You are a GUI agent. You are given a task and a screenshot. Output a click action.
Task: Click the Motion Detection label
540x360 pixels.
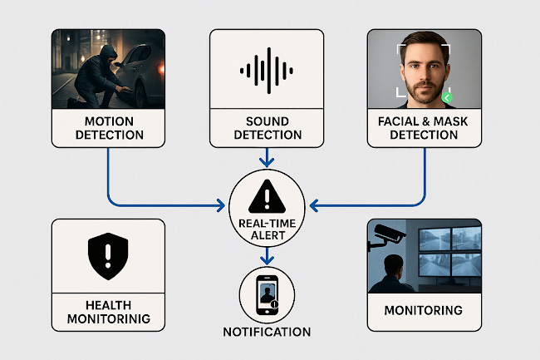pos(108,128)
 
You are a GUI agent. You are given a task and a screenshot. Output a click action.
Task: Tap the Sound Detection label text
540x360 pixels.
pos(267,128)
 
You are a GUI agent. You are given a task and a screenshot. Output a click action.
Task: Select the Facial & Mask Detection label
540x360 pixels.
pos(425,128)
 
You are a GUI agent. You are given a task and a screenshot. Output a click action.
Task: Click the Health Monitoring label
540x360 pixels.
pos(108,312)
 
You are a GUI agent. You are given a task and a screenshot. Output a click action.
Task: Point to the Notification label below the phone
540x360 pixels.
pos(267,332)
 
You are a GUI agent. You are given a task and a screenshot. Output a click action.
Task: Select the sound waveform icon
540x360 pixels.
pos(267,70)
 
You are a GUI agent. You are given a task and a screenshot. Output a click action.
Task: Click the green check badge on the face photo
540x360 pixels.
pos(447,98)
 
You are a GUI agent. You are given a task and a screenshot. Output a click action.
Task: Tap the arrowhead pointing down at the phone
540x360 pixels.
pos(267,261)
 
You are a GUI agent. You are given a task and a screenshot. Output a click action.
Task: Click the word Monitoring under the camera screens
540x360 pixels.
pos(424,311)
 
